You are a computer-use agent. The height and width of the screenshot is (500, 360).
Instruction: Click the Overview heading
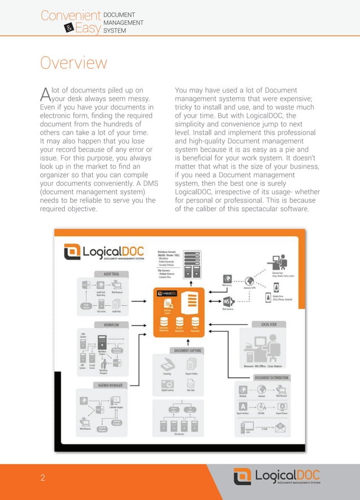tap(73, 62)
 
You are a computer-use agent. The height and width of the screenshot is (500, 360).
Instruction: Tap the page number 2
tap(42, 479)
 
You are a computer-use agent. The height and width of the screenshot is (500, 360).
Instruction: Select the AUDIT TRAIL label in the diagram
tap(111, 274)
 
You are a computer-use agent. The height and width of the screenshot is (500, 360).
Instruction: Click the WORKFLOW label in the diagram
tap(110, 325)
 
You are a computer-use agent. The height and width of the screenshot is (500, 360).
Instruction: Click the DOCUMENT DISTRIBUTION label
tap(271, 378)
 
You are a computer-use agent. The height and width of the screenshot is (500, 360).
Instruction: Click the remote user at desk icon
tap(278, 262)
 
